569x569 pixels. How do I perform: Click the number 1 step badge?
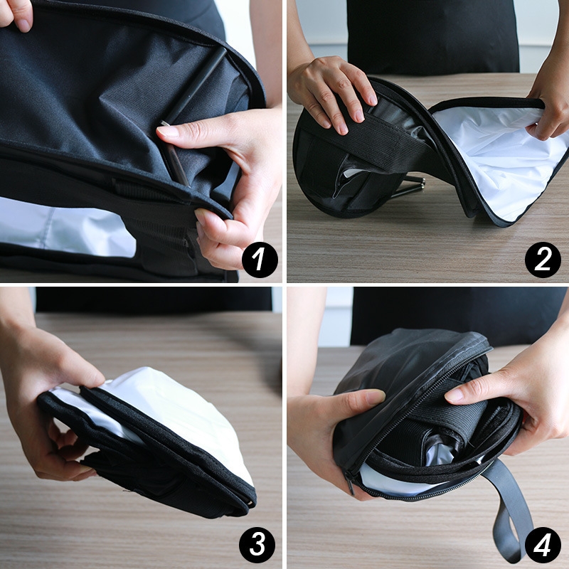pyautogui.click(x=260, y=260)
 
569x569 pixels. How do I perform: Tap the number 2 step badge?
pyautogui.click(x=543, y=260)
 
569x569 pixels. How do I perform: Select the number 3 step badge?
pyautogui.click(x=257, y=545)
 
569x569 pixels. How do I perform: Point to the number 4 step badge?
pyautogui.click(x=543, y=545)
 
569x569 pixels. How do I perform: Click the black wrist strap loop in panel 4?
pyautogui.click(x=508, y=508)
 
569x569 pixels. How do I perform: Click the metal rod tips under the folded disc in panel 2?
pyautogui.click(x=410, y=187)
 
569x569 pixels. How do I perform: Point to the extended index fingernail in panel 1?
pyautogui.click(x=168, y=131)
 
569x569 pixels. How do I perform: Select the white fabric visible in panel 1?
pyautogui.click(x=65, y=227)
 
